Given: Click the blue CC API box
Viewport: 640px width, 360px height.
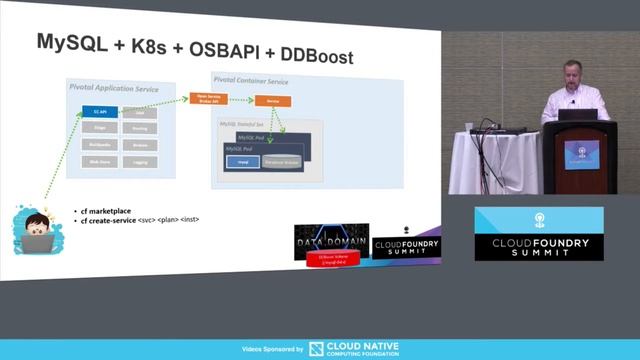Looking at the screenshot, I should tap(99, 112).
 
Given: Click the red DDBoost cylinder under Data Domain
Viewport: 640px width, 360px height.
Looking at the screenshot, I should tap(329, 260).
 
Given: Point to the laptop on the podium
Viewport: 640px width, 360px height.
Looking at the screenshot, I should tap(584, 113).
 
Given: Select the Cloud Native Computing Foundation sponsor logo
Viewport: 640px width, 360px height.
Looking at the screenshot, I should tap(354, 348).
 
